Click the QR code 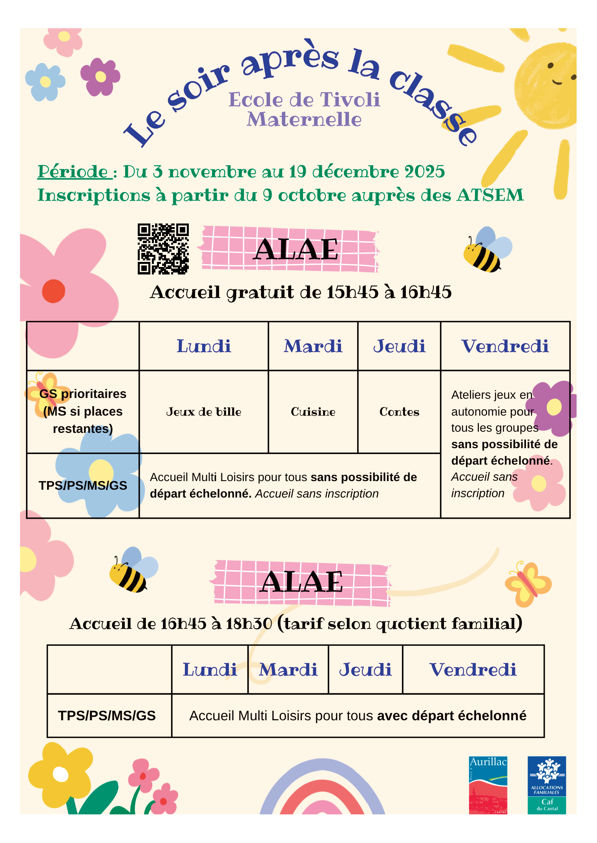pyautogui.click(x=163, y=249)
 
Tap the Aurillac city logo pyautogui.click(x=488, y=785)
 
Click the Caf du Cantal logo pyautogui.click(x=546, y=785)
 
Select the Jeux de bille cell pyautogui.click(x=203, y=412)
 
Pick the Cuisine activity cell pyautogui.click(x=313, y=412)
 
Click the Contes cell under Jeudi pyautogui.click(x=399, y=412)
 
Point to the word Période pyautogui.click(x=73, y=172)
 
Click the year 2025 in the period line pyautogui.click(x=424, y=172)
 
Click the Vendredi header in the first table pyautogui.click(x=505, y=346)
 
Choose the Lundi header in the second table pyautogui.click(x=210, y=670)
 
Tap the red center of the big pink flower pyautogui.click(x=53, y=291)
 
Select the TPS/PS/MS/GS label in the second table pyautogui.click(x=107, y=716)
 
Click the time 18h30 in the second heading pyautogui.click(x=249, y=624)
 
